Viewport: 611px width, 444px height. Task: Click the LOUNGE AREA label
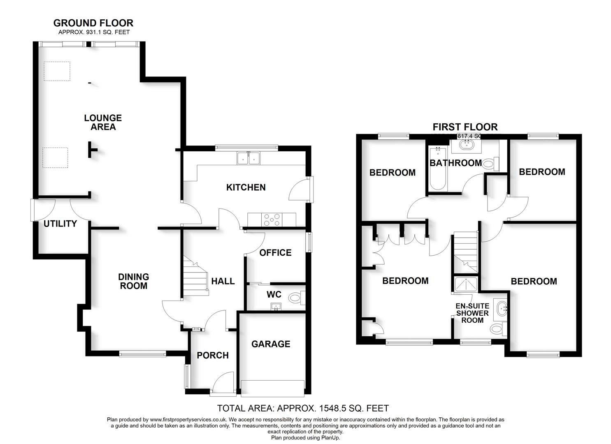[x=103, y=123]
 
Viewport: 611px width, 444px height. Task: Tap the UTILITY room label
[x=60, y=224]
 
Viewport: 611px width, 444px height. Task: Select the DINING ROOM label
[x=133, y=281]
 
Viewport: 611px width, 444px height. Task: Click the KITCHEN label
[x=246, y=187]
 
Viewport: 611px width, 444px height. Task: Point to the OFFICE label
[x=275, y=252]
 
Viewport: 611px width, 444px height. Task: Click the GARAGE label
[x=271, y=344]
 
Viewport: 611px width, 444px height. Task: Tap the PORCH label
[x=213, y=355]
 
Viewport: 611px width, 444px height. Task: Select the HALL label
[x=223, y=281]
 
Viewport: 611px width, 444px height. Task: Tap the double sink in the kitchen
[x=248, y=158]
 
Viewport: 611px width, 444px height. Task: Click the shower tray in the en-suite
[x=467, y=284]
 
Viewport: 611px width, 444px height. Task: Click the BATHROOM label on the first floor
[x=455, y=163]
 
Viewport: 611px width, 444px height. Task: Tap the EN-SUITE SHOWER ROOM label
[x=472, y=313]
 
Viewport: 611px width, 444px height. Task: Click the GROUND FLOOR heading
[x=93, y=23]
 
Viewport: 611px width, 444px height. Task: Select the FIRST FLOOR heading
[x=465, y=127]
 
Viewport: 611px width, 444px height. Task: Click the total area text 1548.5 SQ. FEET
[x=303, y=408]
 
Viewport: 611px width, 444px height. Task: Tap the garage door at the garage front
[x=273, y=388]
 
